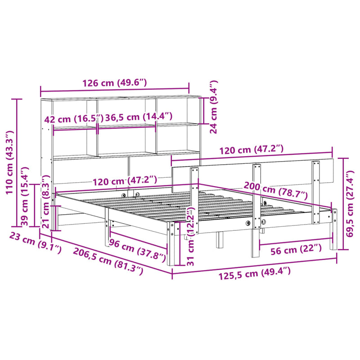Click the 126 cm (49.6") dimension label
[x=114, y=83]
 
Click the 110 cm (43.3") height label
[x=9, y=162]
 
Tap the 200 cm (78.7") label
[x=275, y=189]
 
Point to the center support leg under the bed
[x=220, y=239]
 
